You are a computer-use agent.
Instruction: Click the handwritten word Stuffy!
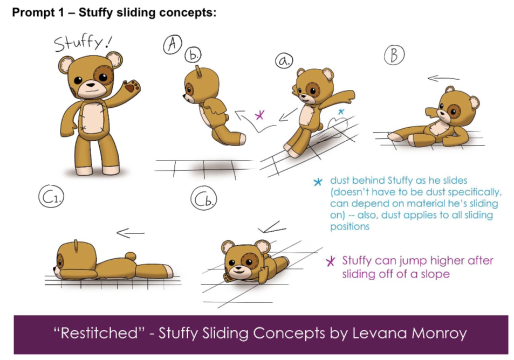click(83, 43)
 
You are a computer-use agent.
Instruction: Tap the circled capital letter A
click(173, 44)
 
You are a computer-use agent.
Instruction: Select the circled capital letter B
click(394, 55)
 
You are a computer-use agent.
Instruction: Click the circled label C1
click(51, 197)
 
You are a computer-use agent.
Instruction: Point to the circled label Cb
click(203, 198)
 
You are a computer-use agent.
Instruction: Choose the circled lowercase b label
click(193, 55)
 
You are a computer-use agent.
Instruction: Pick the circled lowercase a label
click(284, 60)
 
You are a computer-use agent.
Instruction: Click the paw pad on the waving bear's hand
click(132, 87)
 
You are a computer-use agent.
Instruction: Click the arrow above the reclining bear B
click(443, 78)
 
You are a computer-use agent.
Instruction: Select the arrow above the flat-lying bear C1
click(130, 233)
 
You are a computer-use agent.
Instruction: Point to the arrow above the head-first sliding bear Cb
click(272, 227)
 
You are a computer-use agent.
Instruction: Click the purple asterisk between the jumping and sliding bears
click(259, 115)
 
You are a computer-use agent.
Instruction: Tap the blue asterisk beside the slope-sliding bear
click(341, 112)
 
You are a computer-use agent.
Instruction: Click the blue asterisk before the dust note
click(318, 182)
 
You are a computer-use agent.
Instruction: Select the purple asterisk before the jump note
click(331, 261)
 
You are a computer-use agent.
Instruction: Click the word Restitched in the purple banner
click(99, 333)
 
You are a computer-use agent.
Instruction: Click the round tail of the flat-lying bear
click(131, 257)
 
